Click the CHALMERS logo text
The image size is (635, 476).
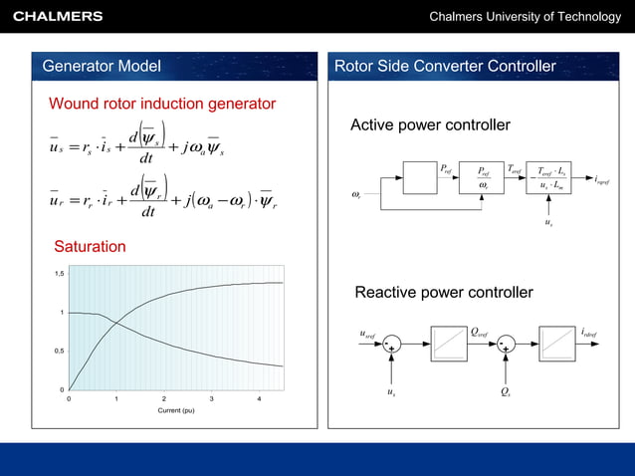pyautogui.click(x=58, y=16)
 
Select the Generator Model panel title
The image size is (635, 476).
pyautogui.click(x=102, y=67)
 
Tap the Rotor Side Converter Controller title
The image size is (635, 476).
pyautogui.click(x=445, y=67)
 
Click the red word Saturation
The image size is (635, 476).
pyautogui.click(x=90, y=246)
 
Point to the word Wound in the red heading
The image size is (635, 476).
pyautogui.click(x=76, y=104)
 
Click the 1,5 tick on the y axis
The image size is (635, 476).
pyautogui.click(x=60, y=273)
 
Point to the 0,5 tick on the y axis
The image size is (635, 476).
pyautogui.click(x=60, y=352)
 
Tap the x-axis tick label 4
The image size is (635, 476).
pyautogui.click(x=260, y=399)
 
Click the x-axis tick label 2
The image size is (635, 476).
pyautogui.click(x=164, y=399)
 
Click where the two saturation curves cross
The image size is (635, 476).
pyautogui.click(x=116, y=321)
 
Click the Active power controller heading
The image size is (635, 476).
pyautogui.click(x=430, y=125)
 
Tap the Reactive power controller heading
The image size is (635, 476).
pyautogui.click(x=444, y=293)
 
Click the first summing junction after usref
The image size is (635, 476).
pyautogui.click(x=392, y=344)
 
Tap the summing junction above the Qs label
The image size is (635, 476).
pyautogui.click(x=506, y=344)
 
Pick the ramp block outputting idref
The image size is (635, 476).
pyautogui.click(x=556, y=343)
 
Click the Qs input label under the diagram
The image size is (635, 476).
pyautogui.click(x=506, y=392)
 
